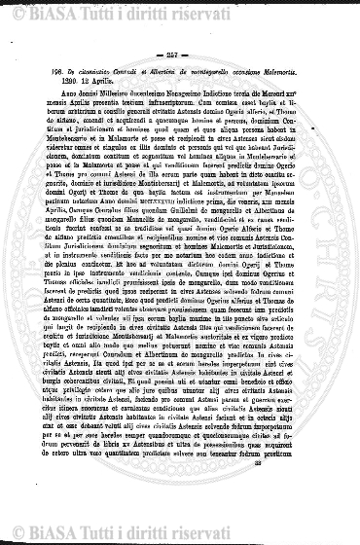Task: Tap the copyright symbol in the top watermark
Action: coord(19,16)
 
